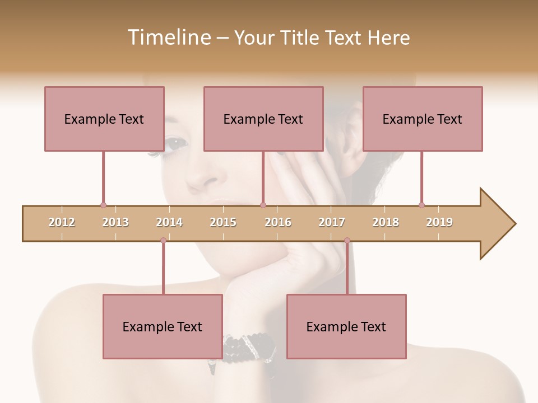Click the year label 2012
tap(62, 222)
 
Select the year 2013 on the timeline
tap(115, 222)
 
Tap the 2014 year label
tap(169, 222)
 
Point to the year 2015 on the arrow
tap(223, 222)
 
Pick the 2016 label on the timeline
tap(278, 222)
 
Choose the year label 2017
tap(332, 222)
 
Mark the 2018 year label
tap(386, 222)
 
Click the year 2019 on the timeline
tap(439, 222)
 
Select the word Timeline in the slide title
tap(168, 38)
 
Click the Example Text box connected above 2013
tap(104, 119)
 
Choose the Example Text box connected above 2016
tap(263, 119)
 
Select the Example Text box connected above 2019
tap(423, 119)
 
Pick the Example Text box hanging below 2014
tap(163, 326)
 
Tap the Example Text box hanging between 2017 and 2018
tap(346, 326)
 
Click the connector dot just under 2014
tap(163, 240)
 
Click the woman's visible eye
tap(175, 143)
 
